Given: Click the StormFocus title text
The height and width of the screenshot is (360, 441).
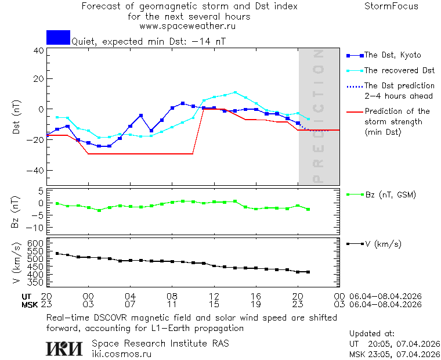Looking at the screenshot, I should pos(391,6).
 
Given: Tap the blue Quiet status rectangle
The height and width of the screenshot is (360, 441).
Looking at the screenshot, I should pos(58,37).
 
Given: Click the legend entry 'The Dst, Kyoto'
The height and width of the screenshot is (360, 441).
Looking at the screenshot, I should pos(392,55).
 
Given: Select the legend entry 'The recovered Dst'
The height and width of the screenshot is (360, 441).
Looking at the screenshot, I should pos(399,71).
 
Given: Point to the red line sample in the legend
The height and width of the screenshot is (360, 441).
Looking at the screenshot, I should pos(353,111).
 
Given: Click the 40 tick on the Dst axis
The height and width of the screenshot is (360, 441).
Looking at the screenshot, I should pos(39,51).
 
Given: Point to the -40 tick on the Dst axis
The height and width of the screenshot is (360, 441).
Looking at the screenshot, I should pos(37,171).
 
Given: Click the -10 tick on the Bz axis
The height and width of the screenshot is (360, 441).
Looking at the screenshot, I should pos(37,226).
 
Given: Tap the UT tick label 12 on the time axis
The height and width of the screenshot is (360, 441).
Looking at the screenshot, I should pos(214,296).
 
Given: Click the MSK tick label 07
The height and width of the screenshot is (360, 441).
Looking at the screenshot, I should pos(130,304).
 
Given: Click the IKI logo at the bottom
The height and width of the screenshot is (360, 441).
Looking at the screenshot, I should pos(65,348).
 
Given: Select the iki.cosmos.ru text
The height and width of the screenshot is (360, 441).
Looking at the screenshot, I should pos(121,354).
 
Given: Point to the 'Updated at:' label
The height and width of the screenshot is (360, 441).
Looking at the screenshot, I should pos(371,334).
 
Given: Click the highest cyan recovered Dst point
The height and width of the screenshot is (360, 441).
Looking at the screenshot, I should pos(235,92).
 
